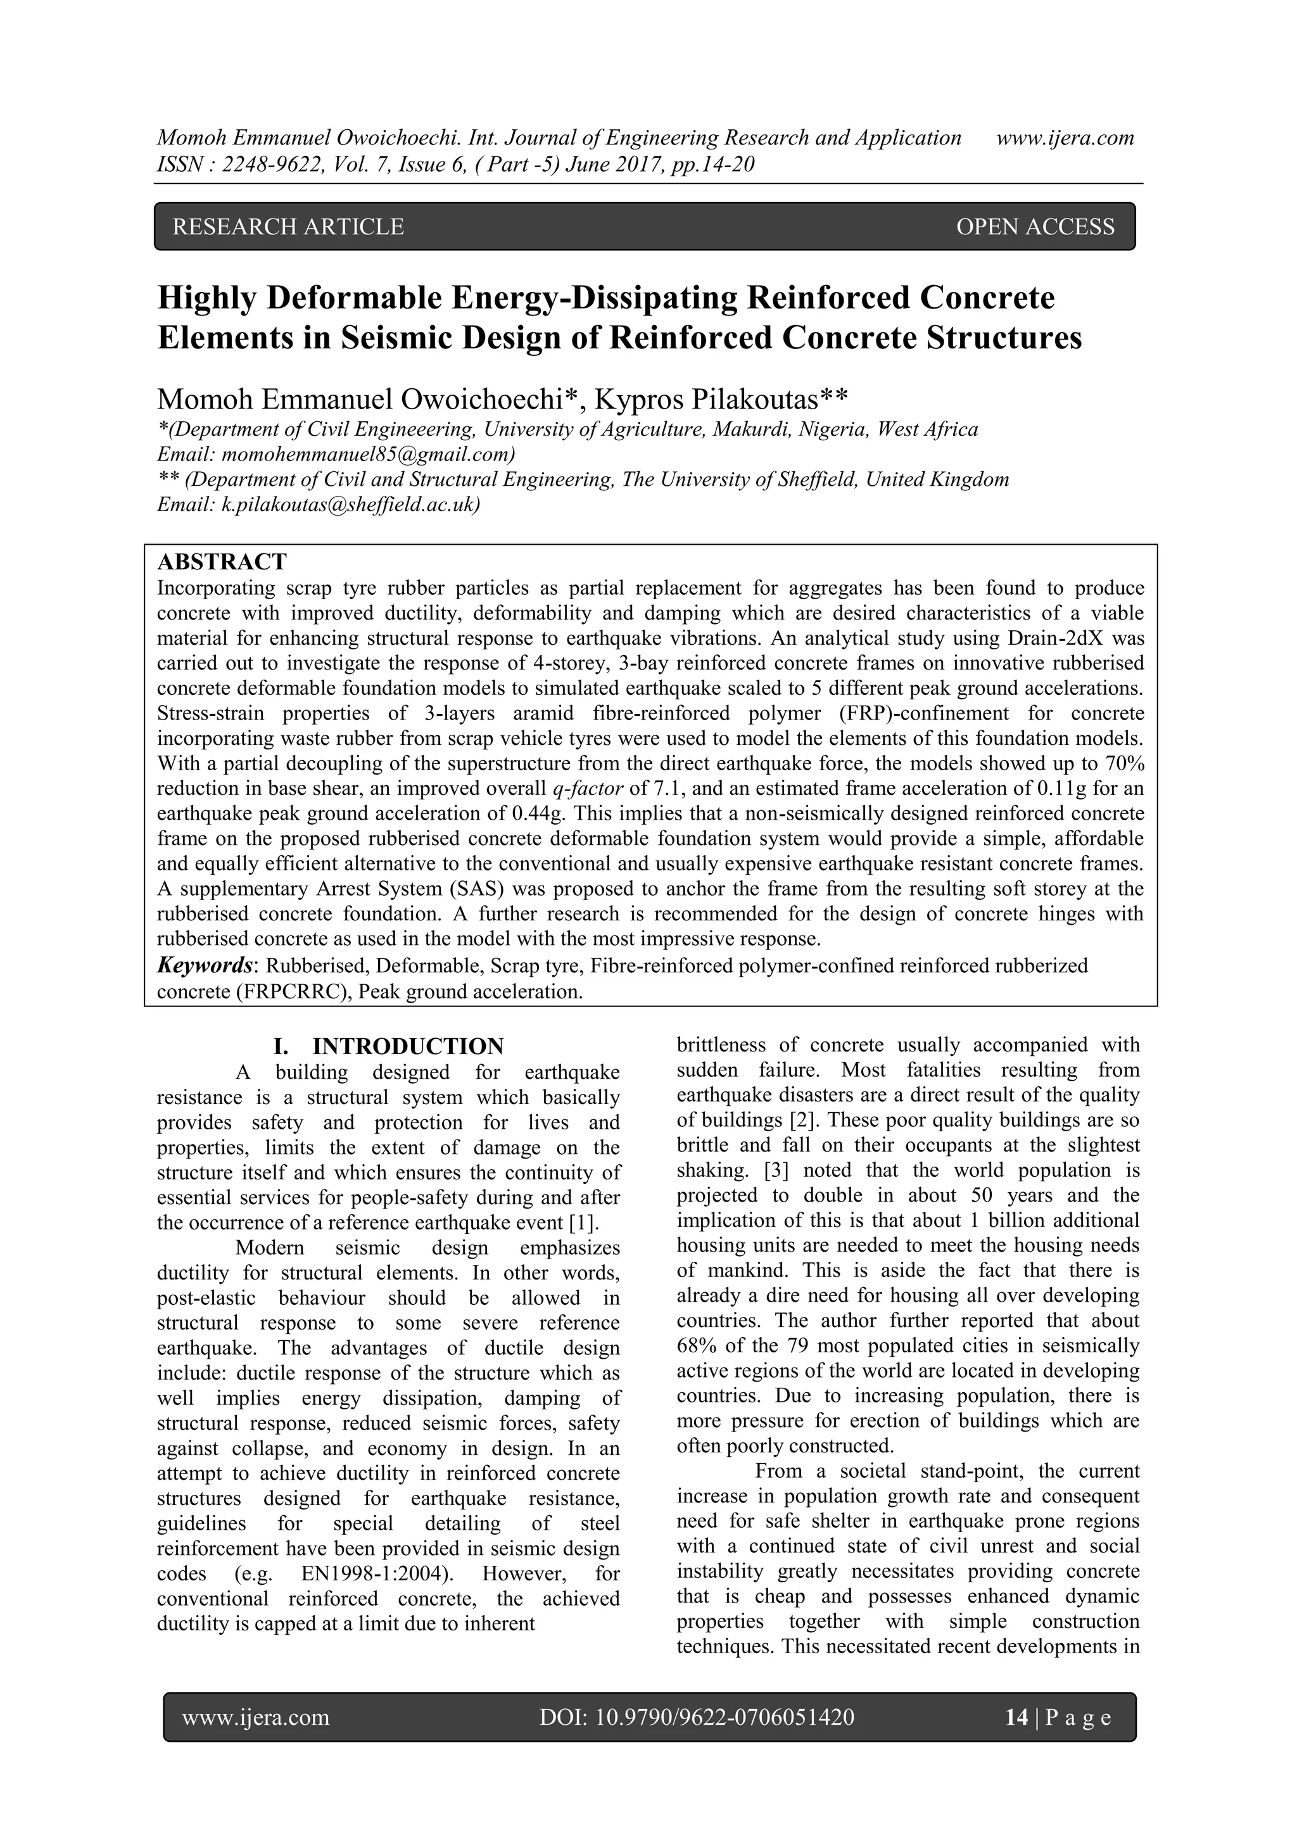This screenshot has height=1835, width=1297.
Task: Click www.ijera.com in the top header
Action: pos(1065,138)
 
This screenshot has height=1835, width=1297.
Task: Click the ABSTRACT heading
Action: pos(222,562)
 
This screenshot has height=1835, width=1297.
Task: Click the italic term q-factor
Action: pos(587,789)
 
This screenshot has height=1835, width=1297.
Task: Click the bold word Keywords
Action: pos(204,965)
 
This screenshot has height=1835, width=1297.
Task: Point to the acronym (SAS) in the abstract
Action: pos(473,889)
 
